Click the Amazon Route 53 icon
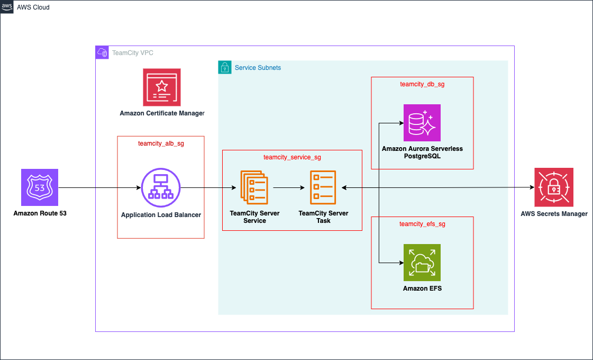tap(40, 187)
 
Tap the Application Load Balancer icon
tap(161, 187)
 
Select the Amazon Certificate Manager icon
tap(161, 87)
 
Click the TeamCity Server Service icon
tap(254, 187)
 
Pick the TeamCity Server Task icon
tap(323, 187)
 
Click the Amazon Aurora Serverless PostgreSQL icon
tap(422, 122)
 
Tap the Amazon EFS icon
tap(422, 262)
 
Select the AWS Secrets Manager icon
tap(553, 187)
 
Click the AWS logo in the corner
tap(7, 7)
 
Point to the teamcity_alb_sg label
tap(161, 143)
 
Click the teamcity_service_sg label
tap(292, 157)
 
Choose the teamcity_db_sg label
tap(422, 84)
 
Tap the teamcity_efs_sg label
tap(422, 224)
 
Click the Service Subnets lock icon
tap(225, 67)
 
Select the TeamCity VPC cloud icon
tap(102, 52)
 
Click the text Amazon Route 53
tap(40, 213)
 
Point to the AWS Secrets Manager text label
tap(554, 214)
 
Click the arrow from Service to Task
tap(288, 187)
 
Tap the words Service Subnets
tap(258, 68)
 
